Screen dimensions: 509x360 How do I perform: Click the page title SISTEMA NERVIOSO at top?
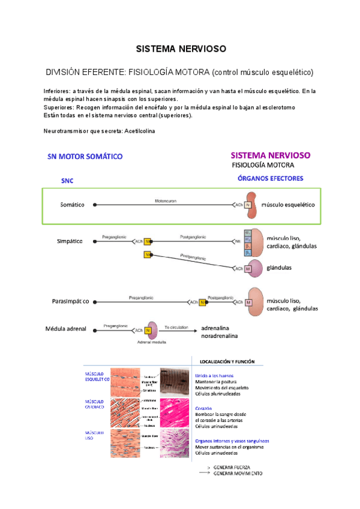pyautogui.click(x=179, y=48)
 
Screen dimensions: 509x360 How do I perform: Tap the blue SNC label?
pyautogui.click(x=68, y=179)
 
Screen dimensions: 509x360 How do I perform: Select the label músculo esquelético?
pyautogui.click(x=291, y=205)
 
